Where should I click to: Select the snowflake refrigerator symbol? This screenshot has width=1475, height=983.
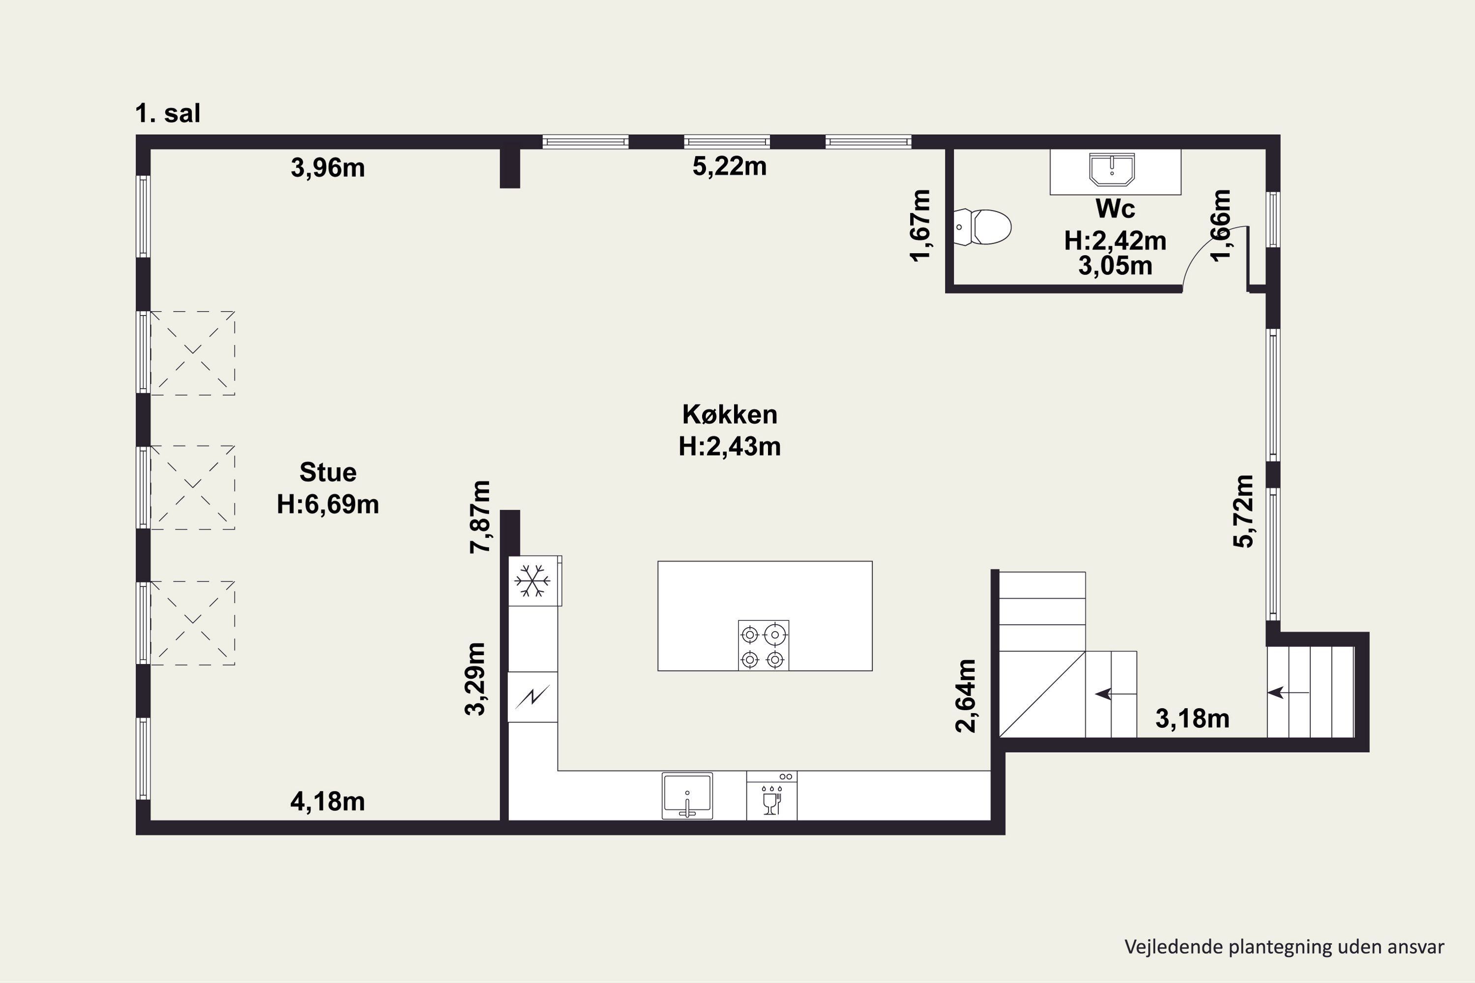[532, 580]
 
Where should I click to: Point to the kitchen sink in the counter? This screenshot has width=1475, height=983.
[687, 796]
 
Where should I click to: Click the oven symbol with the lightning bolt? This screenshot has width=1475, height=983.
[532, 697]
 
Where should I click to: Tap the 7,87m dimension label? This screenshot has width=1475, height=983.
[480, 517]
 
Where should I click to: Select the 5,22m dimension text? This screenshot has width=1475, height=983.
[729, 166]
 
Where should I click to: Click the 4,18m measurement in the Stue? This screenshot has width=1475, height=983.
[327, 801]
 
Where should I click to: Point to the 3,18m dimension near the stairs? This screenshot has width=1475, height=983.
[1192, 719]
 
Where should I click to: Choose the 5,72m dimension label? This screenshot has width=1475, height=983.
[1243, 512]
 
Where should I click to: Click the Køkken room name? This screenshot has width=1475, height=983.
[729, 414]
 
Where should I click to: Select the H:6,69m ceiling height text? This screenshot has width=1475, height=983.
[328, 504]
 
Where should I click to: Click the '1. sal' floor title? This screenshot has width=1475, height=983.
[168, 114]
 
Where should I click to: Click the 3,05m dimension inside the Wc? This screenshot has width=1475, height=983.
[1115, 266]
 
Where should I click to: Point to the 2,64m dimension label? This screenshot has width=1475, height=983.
[966, 695]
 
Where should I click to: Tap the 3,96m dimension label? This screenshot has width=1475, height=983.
[327, 168]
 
